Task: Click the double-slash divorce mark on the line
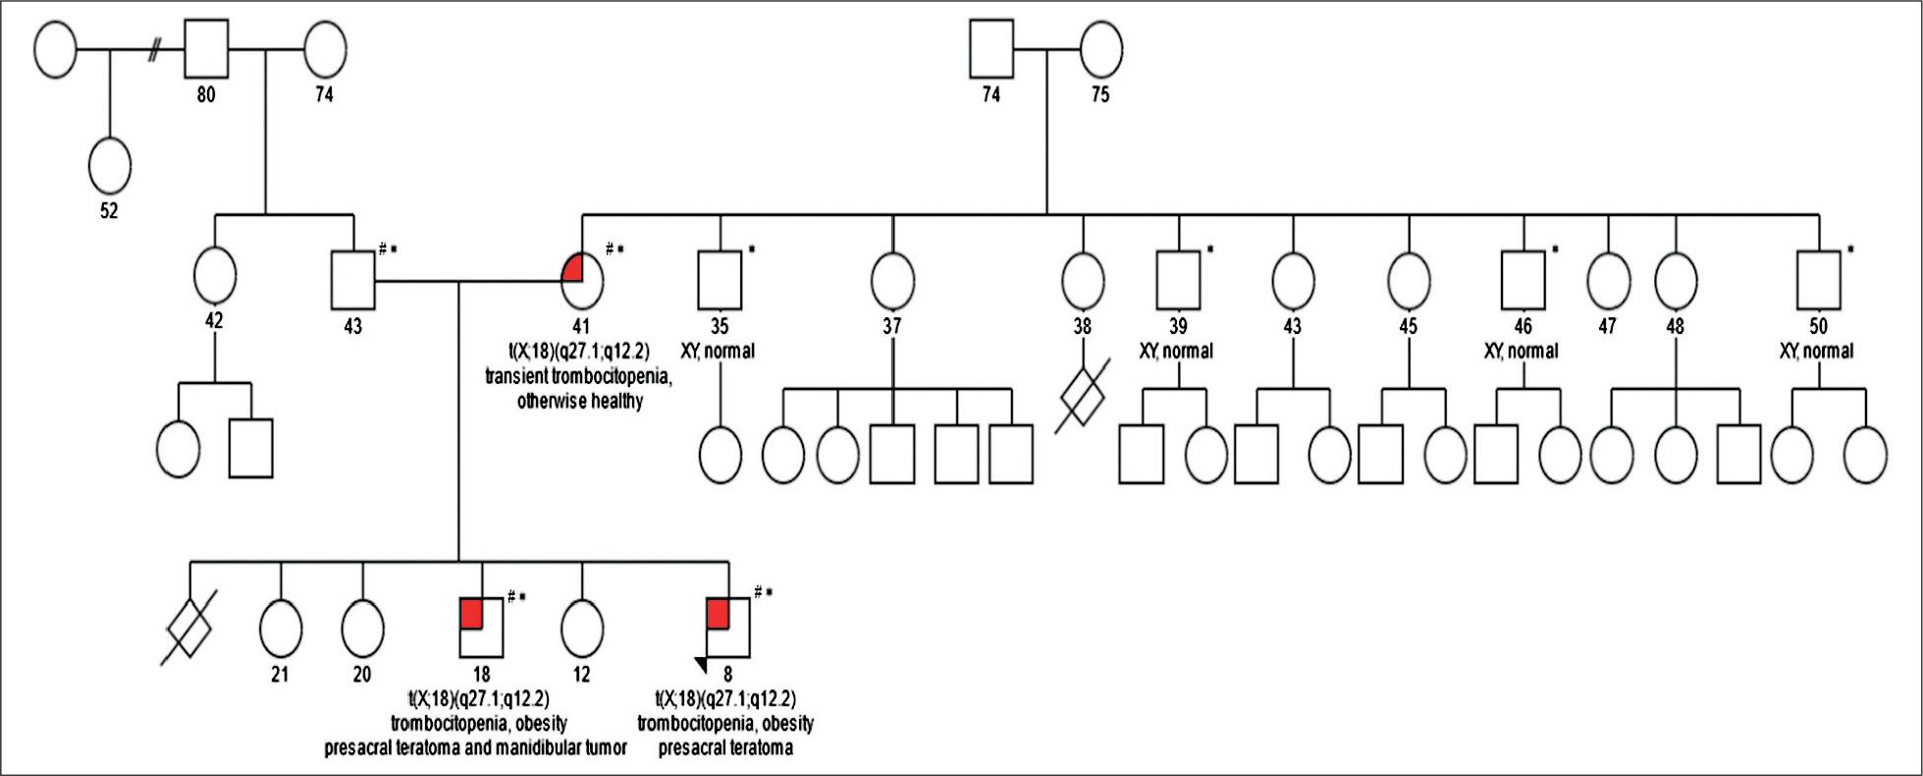click(x=153, y=51)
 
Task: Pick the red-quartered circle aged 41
click(x=582, y=281)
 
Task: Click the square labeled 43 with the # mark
click(x=352, y=281)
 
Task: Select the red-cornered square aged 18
click(x=482, y=629)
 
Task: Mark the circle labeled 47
click(x=1608, y=281)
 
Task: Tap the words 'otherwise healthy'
click(x=580, y=401)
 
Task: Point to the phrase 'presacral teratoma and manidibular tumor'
click(x=476, y=748)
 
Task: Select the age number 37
click(x=891, y=327)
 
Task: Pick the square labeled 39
click(x=1178, y=281)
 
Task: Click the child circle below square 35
click(x=721, y=456)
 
